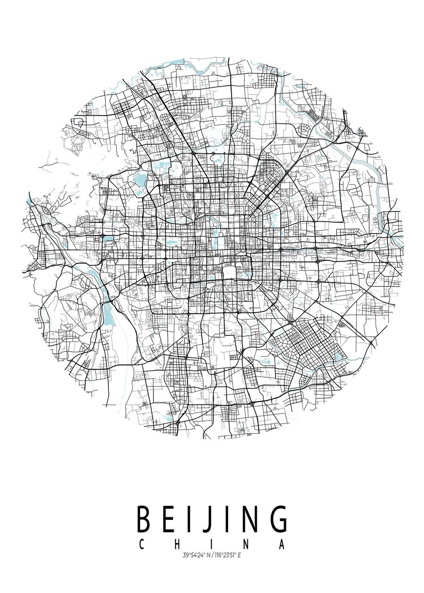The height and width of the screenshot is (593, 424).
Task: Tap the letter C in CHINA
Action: click(141, 545)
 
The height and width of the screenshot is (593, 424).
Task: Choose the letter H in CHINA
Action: click(176, 545)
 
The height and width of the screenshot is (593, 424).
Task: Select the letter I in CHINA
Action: click(212, 545)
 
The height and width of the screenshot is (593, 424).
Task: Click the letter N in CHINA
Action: click(246, 545)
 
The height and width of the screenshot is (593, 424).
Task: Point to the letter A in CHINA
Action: click(283, 545)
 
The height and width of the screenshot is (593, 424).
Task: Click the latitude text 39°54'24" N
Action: click(195, 556)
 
